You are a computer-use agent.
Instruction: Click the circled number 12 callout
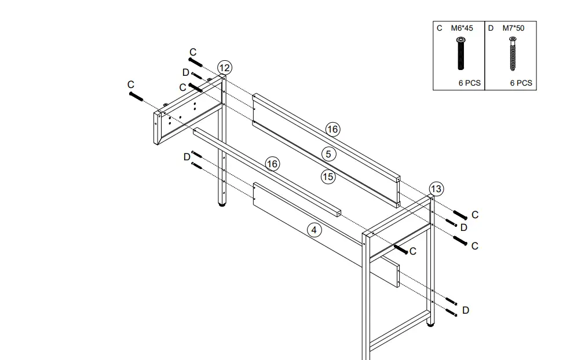pyautogui.click(x=225, y=68)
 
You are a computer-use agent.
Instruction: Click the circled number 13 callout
pyautogui.click(x=436, y=189)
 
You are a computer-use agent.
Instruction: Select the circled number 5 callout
pyautogui.click(x=328, y=155)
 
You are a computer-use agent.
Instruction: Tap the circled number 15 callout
pyautogui.click(x=328, y=177)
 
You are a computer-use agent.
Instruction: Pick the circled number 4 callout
pyautogui.click(x=314, y=230)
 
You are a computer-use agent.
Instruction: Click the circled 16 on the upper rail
pyautogui.click(x=332, y=129)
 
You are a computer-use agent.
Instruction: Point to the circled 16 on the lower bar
pyautogui.click(x=272, y=164)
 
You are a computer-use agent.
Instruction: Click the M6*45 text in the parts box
pyautogui.click(x=462, y=28)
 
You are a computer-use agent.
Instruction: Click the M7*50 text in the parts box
pyautogui.click(x=513, y=28)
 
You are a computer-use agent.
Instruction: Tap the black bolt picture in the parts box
pyautogui.click(x=461, y=53)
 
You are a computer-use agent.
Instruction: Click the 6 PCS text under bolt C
pyautogui.click(x=470, y=83)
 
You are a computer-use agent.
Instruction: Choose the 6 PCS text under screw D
pyautogui.click(x=521, y=83)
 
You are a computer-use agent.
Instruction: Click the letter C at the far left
pyautogui.click(x=131, y=85)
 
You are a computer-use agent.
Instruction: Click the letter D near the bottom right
pyautogui.click(x=466, y=311)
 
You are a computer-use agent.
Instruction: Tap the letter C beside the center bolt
pyautogui.click(x=413, y=251)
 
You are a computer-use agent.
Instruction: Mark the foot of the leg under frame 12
pyautogui.click(x=222, y=204)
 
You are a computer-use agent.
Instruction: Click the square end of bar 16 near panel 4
pyautogui.click(x=336, y=214)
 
